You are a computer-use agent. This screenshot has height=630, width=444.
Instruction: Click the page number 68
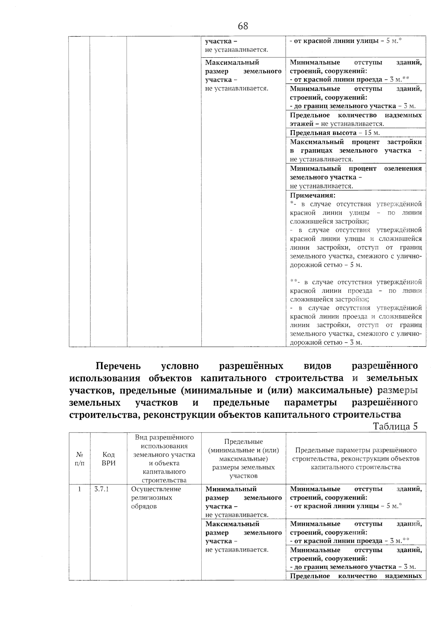click(243, 26)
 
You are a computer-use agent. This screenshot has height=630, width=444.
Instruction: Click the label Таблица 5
click(395, 426)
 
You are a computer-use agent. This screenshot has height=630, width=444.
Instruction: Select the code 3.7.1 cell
click(101, 489)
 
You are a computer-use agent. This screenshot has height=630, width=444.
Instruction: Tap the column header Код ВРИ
click(109, 458)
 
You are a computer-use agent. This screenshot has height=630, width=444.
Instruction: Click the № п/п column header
click(80, 458)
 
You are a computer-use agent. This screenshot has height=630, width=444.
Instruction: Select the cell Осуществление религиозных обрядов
click(156, 498)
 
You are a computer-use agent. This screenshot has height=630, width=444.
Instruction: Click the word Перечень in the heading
click(118, 366)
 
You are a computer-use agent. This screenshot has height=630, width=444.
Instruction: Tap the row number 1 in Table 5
click(80, 489)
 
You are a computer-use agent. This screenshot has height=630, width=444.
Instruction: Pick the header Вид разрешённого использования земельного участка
click(164, 458)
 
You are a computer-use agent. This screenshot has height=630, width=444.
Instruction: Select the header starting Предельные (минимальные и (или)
click(243, 458)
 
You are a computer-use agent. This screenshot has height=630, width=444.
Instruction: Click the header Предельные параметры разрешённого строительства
click(356, 458)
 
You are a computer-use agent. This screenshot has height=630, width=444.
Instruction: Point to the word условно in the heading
click(180, 366)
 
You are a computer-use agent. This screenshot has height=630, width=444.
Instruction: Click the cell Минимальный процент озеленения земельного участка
click(356, 177)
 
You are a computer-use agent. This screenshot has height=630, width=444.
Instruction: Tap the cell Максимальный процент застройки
click(356, 150)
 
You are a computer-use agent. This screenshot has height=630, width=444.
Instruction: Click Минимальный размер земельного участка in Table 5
click(243, 502)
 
